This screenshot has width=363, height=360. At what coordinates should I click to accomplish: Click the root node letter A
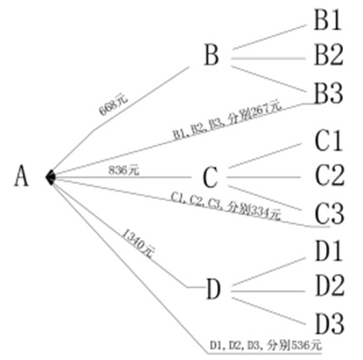[x=23, y=176]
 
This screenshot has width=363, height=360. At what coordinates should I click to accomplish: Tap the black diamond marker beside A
[x=52, y=176]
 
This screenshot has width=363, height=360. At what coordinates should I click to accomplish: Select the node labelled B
[x=211, y=56]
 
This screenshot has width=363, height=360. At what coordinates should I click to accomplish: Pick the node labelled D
[x=213, y=290]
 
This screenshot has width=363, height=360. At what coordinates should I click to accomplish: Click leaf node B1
[x=328, y=19]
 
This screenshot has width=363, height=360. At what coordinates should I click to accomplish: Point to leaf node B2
[x=328, y=54]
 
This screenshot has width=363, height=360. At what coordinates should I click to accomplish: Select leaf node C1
[x=328, y=141]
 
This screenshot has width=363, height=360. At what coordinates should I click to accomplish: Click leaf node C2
[x=328, y=174]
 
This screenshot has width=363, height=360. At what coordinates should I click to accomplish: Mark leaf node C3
[x=328, y=214]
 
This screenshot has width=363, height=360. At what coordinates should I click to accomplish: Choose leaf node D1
[x=328, y=248]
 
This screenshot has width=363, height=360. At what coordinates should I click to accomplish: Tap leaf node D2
[x=328, y=285]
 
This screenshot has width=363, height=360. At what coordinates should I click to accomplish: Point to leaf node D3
[x=328, y=322]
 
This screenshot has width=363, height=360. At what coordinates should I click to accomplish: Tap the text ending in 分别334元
[x=226, y=205]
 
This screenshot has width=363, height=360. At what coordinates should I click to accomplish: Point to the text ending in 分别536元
[x=265, y=345]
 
